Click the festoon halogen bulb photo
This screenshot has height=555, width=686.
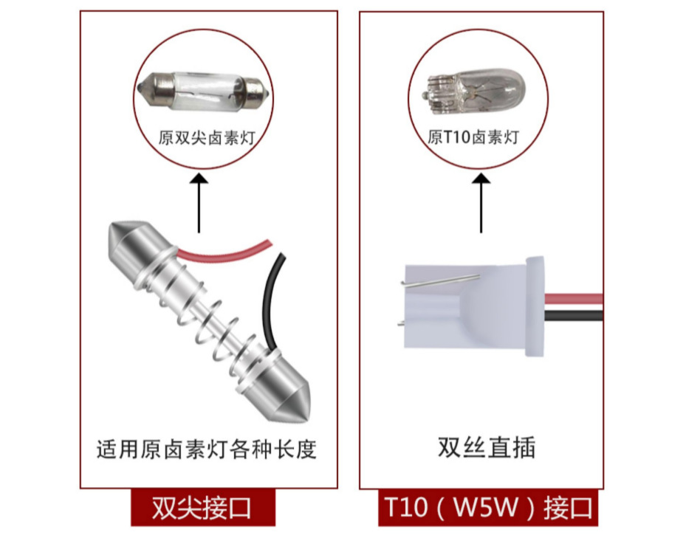tap(202, 92)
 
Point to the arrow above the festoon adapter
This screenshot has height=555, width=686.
tap(199, 203)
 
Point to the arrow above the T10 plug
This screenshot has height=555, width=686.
tap(481, 203)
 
